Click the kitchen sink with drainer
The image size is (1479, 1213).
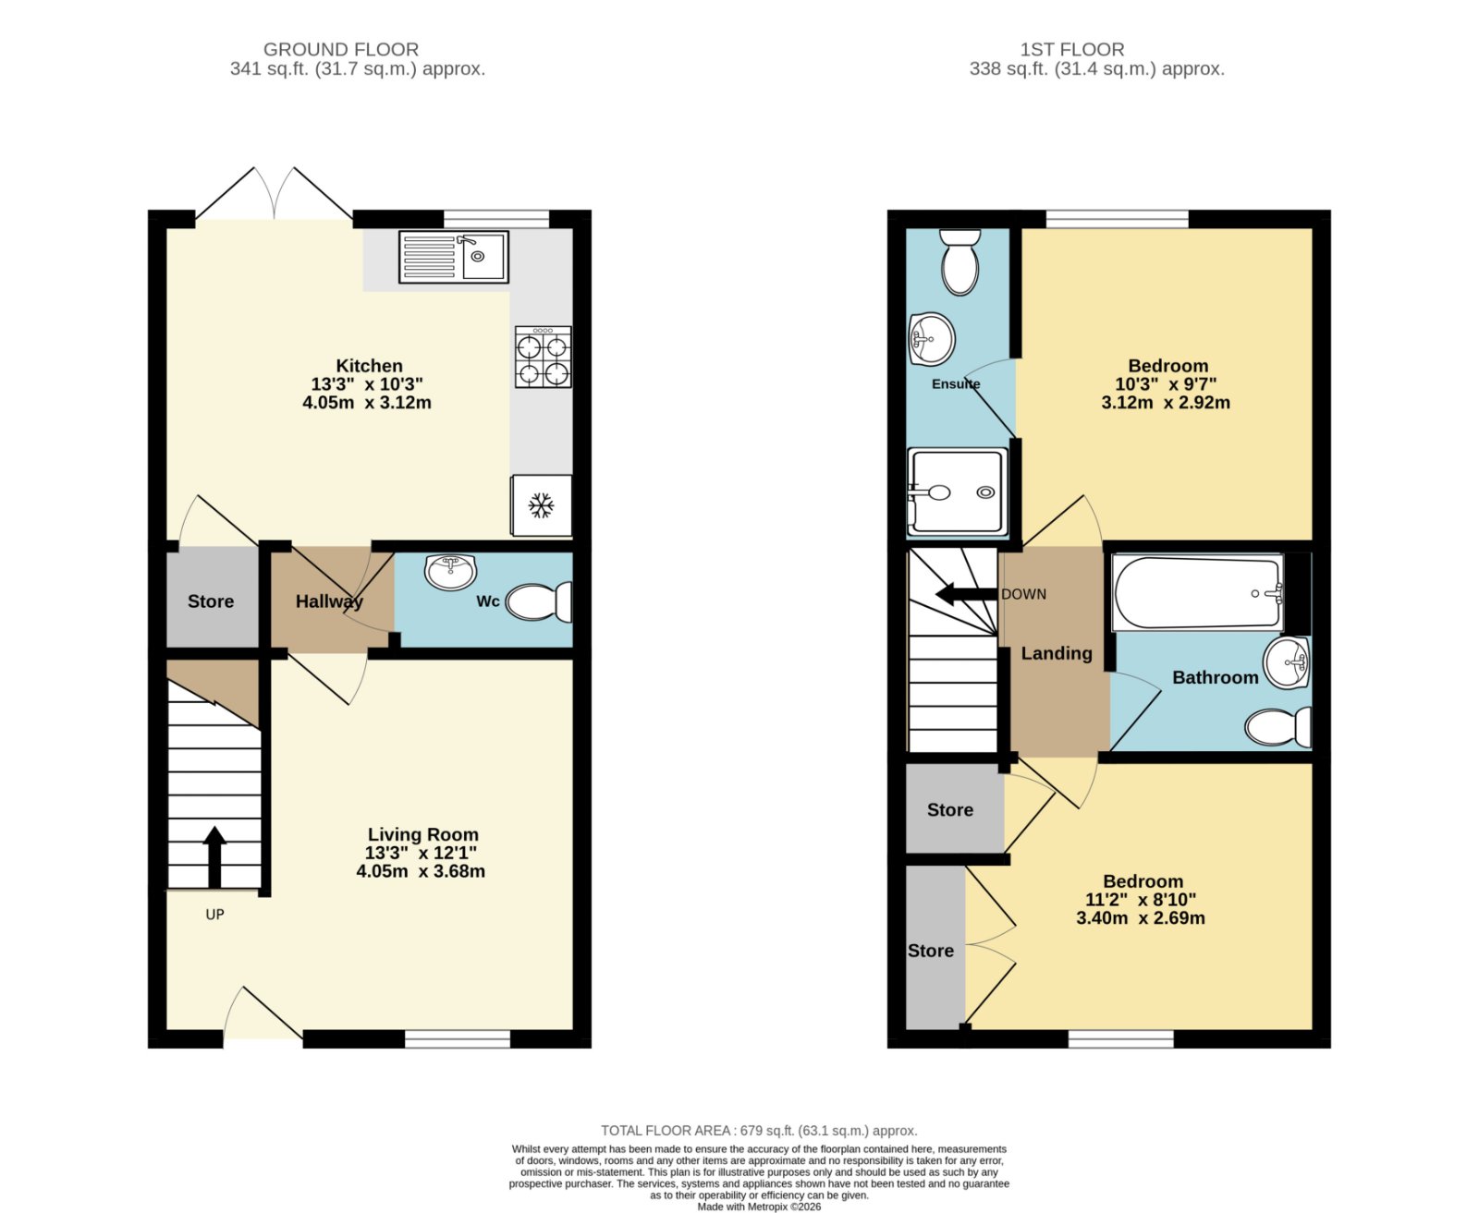453,257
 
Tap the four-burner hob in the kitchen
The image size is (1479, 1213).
543,357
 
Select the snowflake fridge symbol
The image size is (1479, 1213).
541,505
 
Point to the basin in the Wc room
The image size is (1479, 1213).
450,572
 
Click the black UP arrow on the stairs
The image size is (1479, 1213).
214,857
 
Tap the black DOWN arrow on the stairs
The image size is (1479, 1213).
966,593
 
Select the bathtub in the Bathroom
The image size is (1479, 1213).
1199,593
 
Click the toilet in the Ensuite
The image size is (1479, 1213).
960,262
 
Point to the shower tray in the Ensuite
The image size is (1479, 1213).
958,491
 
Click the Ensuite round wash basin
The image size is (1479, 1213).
931,339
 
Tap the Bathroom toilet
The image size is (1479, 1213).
1277,727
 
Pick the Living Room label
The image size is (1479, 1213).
422,834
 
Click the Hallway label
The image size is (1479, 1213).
329,601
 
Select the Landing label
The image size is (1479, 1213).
1057,653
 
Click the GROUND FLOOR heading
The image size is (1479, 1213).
341,50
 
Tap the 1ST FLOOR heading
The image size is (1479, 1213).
1072,50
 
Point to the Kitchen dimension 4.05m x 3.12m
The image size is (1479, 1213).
367,402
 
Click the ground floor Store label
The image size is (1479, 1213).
211,601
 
